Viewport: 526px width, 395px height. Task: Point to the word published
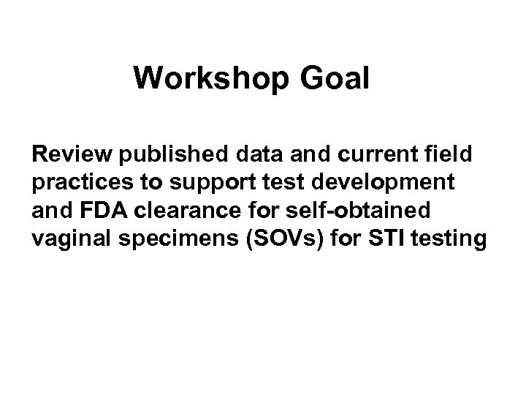click(x=161, y=154)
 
